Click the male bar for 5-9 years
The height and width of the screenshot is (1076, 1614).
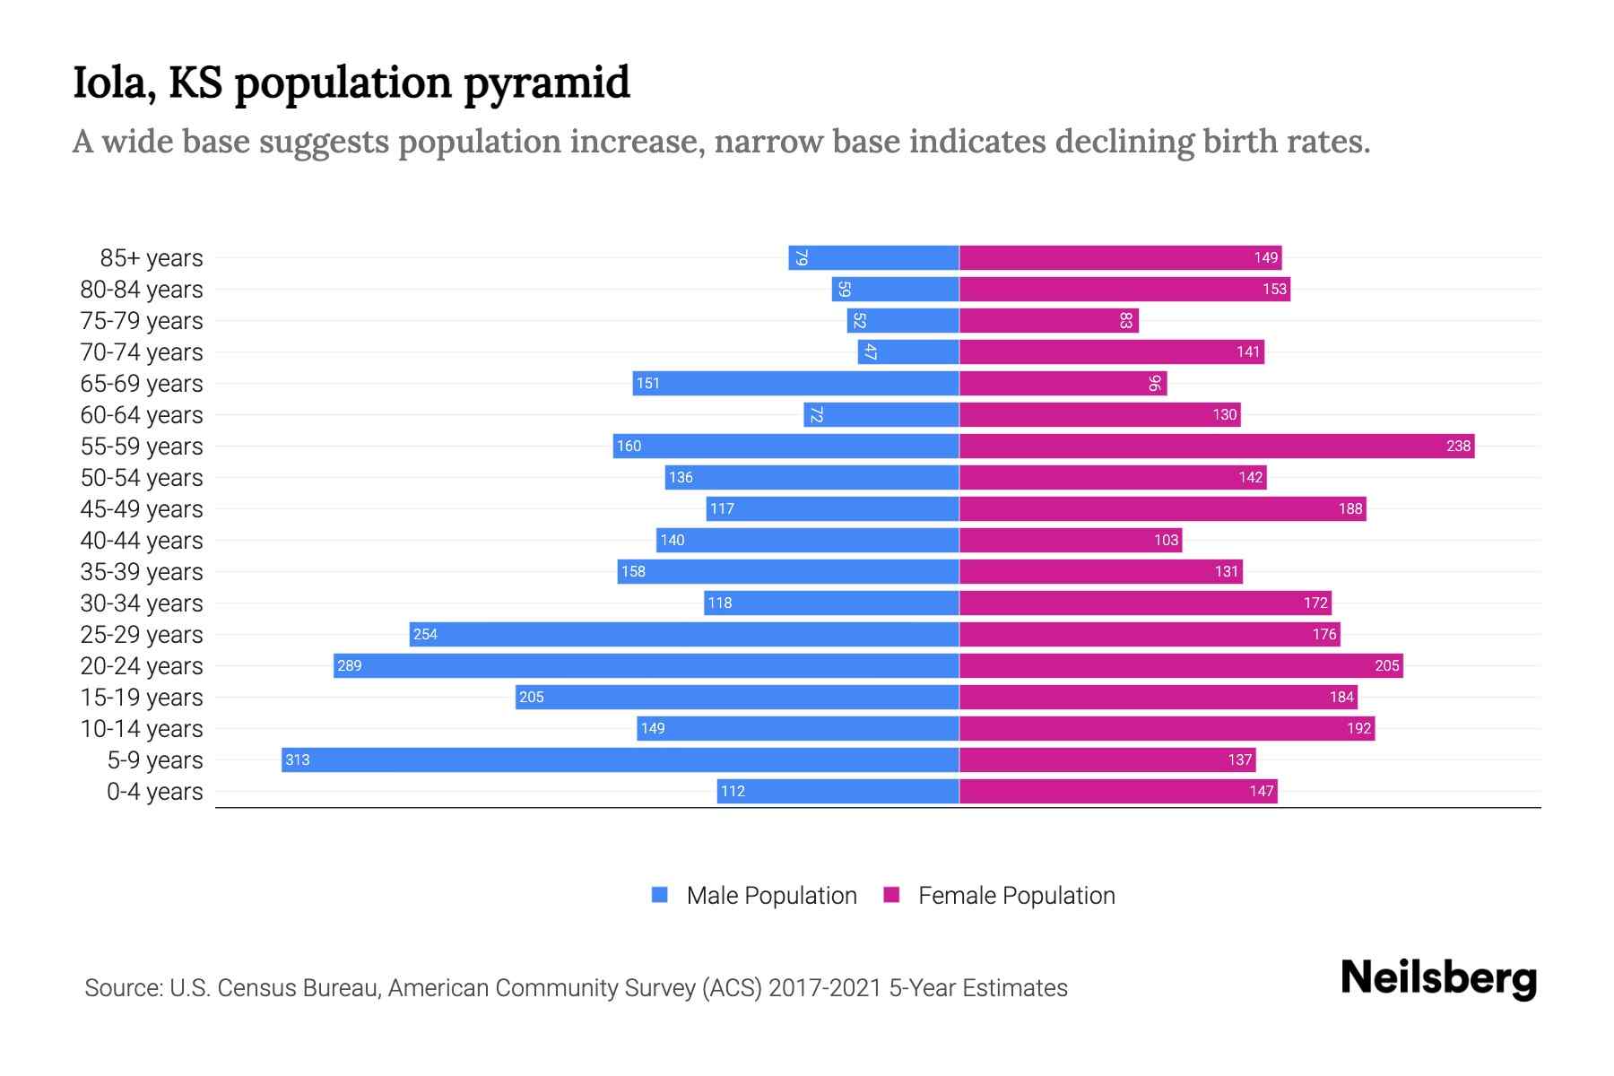point(620,759)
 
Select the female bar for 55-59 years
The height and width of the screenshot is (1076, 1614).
point(1217,446)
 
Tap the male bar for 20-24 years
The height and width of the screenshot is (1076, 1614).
point(646,665)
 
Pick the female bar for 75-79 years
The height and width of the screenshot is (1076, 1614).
point(1049,320)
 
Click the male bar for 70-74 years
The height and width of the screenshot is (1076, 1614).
point(908,351)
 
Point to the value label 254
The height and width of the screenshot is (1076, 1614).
point(425,634)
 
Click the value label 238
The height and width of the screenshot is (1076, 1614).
point(1458,446)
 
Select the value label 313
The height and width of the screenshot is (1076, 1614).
point(297,759)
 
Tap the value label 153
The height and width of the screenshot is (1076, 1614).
point(1274,289)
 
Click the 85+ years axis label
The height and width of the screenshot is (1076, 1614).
point(152,258)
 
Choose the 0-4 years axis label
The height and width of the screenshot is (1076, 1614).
point(154,792)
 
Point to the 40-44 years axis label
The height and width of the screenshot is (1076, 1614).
point(142,541)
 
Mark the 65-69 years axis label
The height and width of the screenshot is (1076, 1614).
point(142,384)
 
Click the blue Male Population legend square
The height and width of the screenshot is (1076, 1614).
point(660,895)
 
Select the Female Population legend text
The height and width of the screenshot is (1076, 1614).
point(1016,895)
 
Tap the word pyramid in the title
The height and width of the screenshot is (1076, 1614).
point(547,82)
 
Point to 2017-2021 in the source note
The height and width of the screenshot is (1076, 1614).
point(825,988)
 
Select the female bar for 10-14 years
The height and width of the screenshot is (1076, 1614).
point(1167,728)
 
